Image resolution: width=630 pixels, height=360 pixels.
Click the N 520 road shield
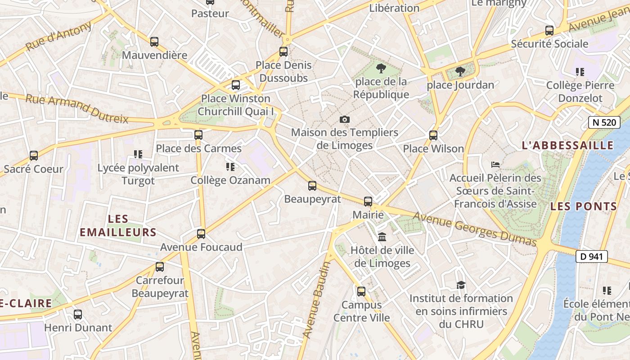point(604,122)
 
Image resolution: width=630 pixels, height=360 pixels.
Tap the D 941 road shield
point(591,256)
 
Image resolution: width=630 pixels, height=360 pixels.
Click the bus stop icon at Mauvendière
point(154,42)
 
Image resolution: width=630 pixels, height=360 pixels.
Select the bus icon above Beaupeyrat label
point(312,185)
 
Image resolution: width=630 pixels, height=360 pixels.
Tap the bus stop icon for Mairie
point(368,201)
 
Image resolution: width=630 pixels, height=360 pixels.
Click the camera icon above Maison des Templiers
point(345,119)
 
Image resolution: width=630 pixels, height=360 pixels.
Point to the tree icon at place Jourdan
point(460,71)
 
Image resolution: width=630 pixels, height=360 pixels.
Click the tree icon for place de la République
point(381,68)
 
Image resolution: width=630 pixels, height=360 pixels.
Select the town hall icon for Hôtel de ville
point(382,237)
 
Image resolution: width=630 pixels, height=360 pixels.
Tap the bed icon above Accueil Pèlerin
point(495,164)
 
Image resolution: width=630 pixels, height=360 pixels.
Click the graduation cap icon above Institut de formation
point(461,285)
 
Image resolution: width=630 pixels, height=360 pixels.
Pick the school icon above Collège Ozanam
point(230,167)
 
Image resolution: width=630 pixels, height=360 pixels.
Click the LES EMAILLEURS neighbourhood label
point(118,226)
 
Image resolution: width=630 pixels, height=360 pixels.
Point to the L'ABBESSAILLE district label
point(567,145)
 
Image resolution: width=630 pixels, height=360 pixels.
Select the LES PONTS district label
point(584,207)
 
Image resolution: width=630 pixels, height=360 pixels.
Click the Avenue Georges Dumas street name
point(475,229)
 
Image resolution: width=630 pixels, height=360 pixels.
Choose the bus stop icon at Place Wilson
point(433,135)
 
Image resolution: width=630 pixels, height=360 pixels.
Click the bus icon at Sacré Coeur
point(34,156)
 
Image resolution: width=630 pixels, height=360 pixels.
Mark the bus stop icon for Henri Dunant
point(78,314)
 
